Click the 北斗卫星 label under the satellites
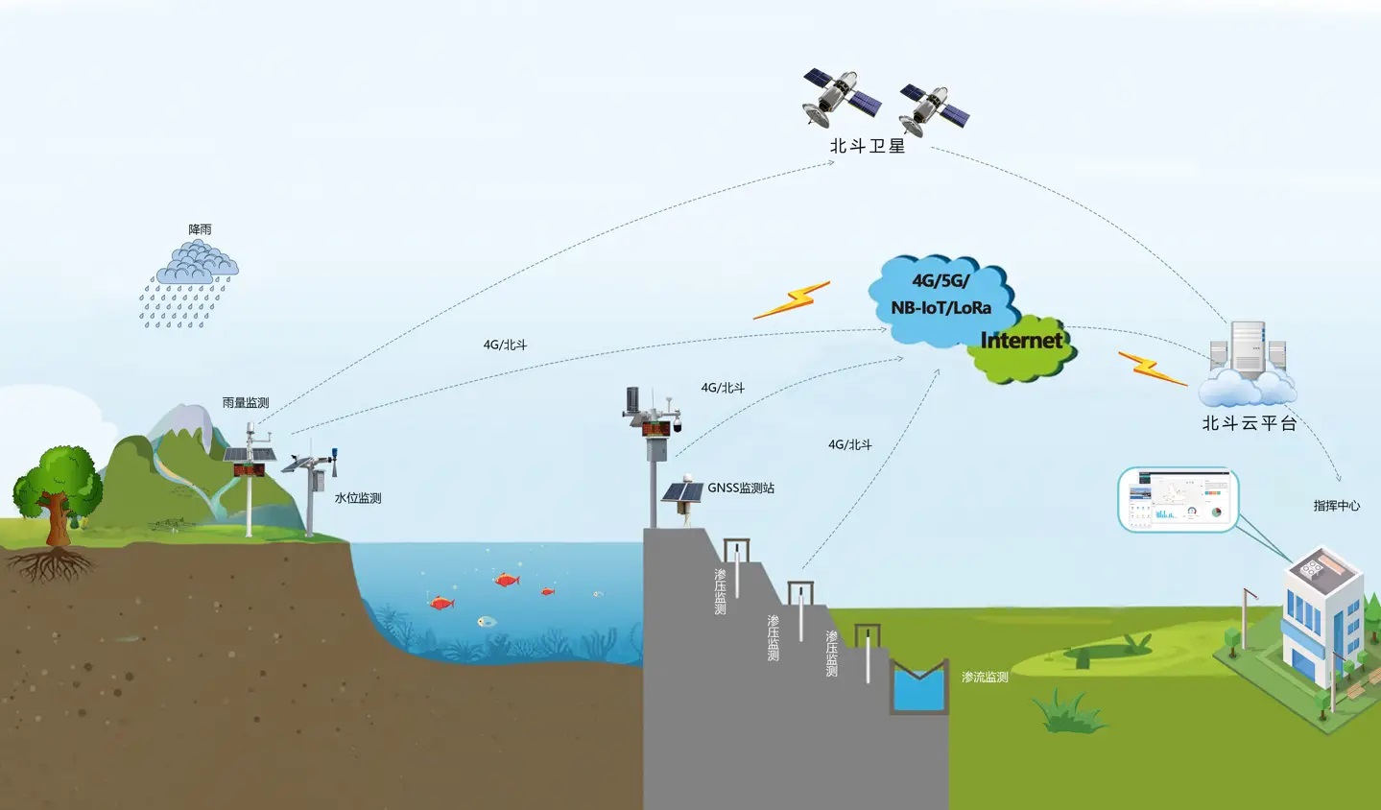click(x=868, y=146)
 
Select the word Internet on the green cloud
click(x=1021, y=341)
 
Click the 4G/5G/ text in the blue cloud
click(x=941, y=280)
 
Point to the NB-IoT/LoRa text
click(x=941, y=308)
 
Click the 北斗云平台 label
click(x=1249, y=423)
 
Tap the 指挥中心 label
click(x=1336, y=506)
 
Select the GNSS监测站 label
click(x=741, y=488)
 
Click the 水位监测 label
click(x=358, y=498)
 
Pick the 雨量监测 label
click(x=246, y=403)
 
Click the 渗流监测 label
click(x=985, y=678)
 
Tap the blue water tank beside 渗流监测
click(x=918, y=689)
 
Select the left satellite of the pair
click(x=840, y=96)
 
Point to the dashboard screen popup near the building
click(x=1178, y=499)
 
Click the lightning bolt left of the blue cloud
click(x=792, y=300)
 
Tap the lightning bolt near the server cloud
click(x=1152, y=369)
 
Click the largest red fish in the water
click(x=505, y=579)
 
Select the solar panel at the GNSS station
click(x=681, y=492)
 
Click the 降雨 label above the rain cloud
click(x=200, y=230)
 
